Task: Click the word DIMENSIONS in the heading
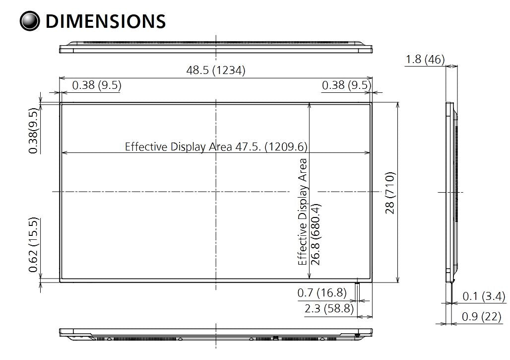tap(105, 21)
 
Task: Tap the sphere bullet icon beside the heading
tap(29, 21)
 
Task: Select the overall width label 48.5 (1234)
tap(216, 71)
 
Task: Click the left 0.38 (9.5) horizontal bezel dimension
tap(97, 85)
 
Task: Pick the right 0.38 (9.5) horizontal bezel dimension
tap(346, 85)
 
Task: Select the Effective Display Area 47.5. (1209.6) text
tap(216, 146)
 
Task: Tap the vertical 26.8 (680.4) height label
tap(315, 233)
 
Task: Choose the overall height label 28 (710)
tap(390, 193)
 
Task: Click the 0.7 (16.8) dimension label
tap(322, 293)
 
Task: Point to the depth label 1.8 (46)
tap(425, 60)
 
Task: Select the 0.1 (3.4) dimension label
tap(484, 297)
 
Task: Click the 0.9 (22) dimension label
tap(481, 316)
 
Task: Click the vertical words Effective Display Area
tap(303, 212)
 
